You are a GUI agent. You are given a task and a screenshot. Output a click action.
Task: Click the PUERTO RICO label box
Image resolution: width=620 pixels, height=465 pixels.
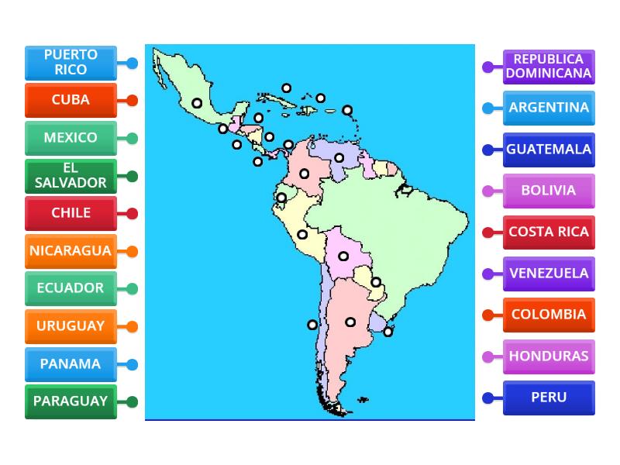tap(71, 63)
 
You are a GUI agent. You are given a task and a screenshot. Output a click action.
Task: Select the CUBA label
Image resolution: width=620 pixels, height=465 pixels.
tap(71, 100)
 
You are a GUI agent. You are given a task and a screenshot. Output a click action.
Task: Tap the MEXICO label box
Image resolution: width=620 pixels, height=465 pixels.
tap(71, 138)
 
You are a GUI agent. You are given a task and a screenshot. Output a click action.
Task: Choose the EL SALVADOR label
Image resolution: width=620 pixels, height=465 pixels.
tap(71, 176)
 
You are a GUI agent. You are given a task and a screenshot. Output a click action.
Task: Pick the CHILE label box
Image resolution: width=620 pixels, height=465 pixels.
tap(71, 213)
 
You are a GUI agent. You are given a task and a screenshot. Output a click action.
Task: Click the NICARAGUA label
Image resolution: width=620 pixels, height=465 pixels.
tap(71, 251)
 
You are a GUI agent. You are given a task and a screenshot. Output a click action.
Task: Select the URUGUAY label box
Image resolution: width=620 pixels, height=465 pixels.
tap(71, 326)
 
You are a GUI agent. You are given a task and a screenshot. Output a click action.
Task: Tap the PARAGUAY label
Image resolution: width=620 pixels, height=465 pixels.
tap(71, 401)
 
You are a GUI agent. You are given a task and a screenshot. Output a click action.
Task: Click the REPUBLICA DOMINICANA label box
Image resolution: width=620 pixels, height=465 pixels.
tap(549, 67)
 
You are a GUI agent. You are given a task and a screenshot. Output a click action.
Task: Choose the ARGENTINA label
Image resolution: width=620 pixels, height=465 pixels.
tap(549, 108)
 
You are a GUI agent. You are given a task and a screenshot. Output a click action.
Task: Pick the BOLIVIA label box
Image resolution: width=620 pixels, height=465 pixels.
tap(549, 191)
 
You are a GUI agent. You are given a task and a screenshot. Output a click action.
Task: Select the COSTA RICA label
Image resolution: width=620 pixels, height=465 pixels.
tap(549, 232)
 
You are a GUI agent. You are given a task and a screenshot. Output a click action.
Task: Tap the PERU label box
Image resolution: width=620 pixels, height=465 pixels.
tap(549, 398)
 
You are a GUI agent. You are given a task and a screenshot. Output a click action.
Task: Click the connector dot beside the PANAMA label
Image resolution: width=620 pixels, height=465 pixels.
tap(133, 364)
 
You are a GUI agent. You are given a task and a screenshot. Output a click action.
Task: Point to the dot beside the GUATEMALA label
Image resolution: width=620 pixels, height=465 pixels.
tap(487, 150)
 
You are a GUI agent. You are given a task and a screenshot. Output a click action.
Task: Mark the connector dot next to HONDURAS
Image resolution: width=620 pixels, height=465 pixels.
tap(487, 356)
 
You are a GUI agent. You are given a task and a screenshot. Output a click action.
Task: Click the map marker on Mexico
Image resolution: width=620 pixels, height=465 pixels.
tap(198, 102)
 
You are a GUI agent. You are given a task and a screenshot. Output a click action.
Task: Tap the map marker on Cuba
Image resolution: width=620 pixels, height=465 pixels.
tap(287, 88)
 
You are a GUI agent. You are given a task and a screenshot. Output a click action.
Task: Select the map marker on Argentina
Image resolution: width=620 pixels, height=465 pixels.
tap(350, 322)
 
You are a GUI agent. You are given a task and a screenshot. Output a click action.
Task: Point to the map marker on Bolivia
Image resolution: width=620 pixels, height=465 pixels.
tap(343, 256)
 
